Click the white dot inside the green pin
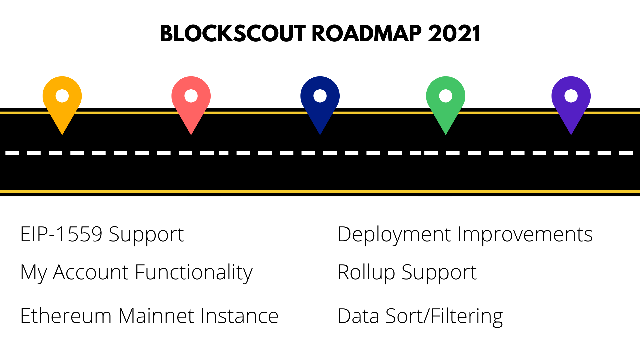pyautogui.click(x=446, y=96)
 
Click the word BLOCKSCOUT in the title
pyautogui.click(x=233, y=34)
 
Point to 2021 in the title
pyautogui.click(x=454, y=34)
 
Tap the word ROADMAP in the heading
pyautogui.click(x=367, y=34)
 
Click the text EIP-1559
pyautogui.click(x=61, y=234)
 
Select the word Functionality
pyautogui.click(x=194, y=273)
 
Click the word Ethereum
pyautogui.click(x=66, y=316)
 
